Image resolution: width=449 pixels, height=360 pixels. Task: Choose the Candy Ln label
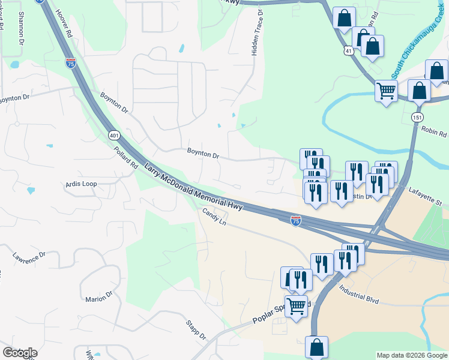click(x=214, y=217)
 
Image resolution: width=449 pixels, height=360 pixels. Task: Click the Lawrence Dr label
click(x=29, y=257)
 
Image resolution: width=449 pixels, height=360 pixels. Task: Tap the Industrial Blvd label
click(x=360, y=292)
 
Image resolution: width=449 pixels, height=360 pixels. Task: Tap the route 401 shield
click(x=114, y=136)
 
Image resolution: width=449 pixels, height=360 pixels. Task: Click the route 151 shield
click(x=417, y=117)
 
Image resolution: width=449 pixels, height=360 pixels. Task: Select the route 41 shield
click(x=349, y=52)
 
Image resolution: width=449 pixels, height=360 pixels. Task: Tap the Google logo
click(x=20, y=353)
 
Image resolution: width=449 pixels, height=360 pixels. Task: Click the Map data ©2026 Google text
click(x=412, y=355)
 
